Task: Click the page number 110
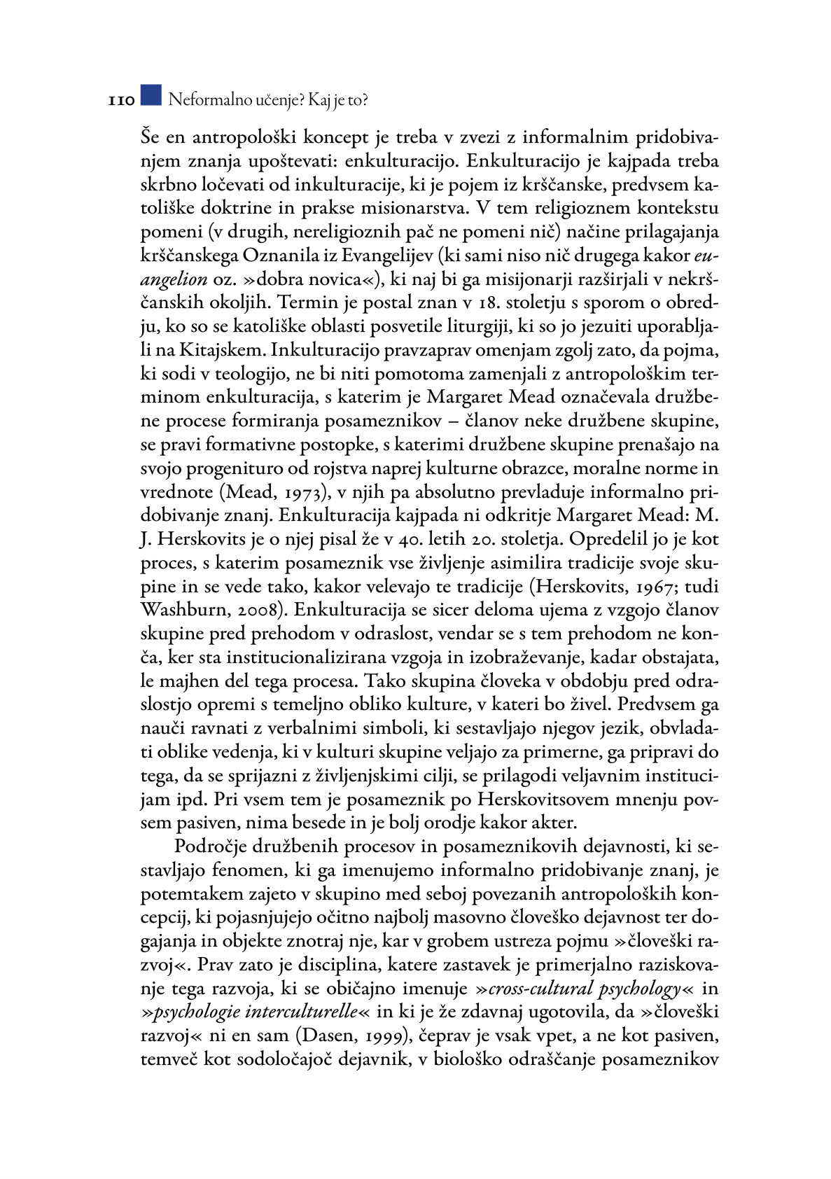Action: click(121, 101)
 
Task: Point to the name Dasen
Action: click(328, 1035)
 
